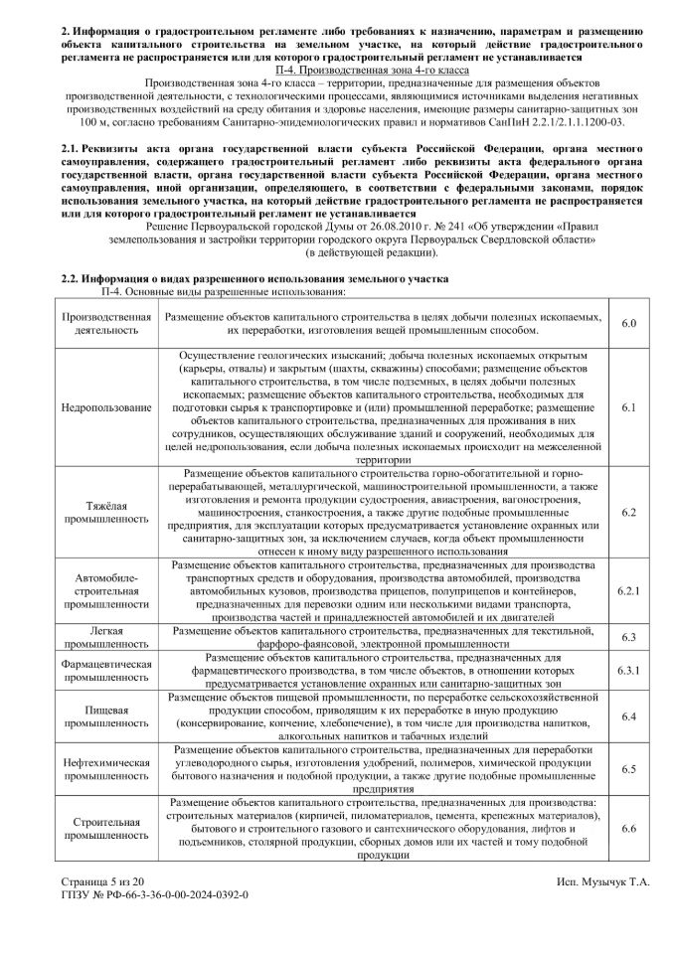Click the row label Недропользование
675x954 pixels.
click(106, 408)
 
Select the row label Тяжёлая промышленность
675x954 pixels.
click(106, 512)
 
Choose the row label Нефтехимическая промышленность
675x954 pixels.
click(106, 769)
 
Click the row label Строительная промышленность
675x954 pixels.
click(106, 829)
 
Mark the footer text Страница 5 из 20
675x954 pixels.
click(104, 881)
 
